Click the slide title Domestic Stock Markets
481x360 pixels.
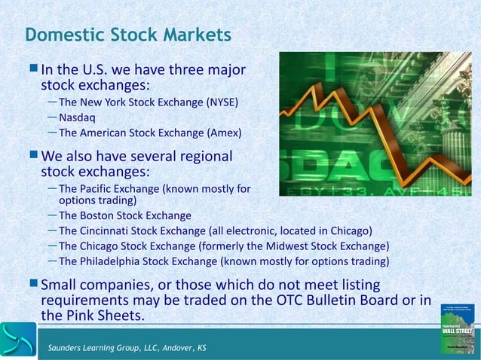(x=128, y=35)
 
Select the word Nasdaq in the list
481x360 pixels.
(x=77, y=117)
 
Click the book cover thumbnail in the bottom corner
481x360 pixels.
(x=458, y=328)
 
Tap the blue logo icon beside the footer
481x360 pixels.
(x=17, y=340)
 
